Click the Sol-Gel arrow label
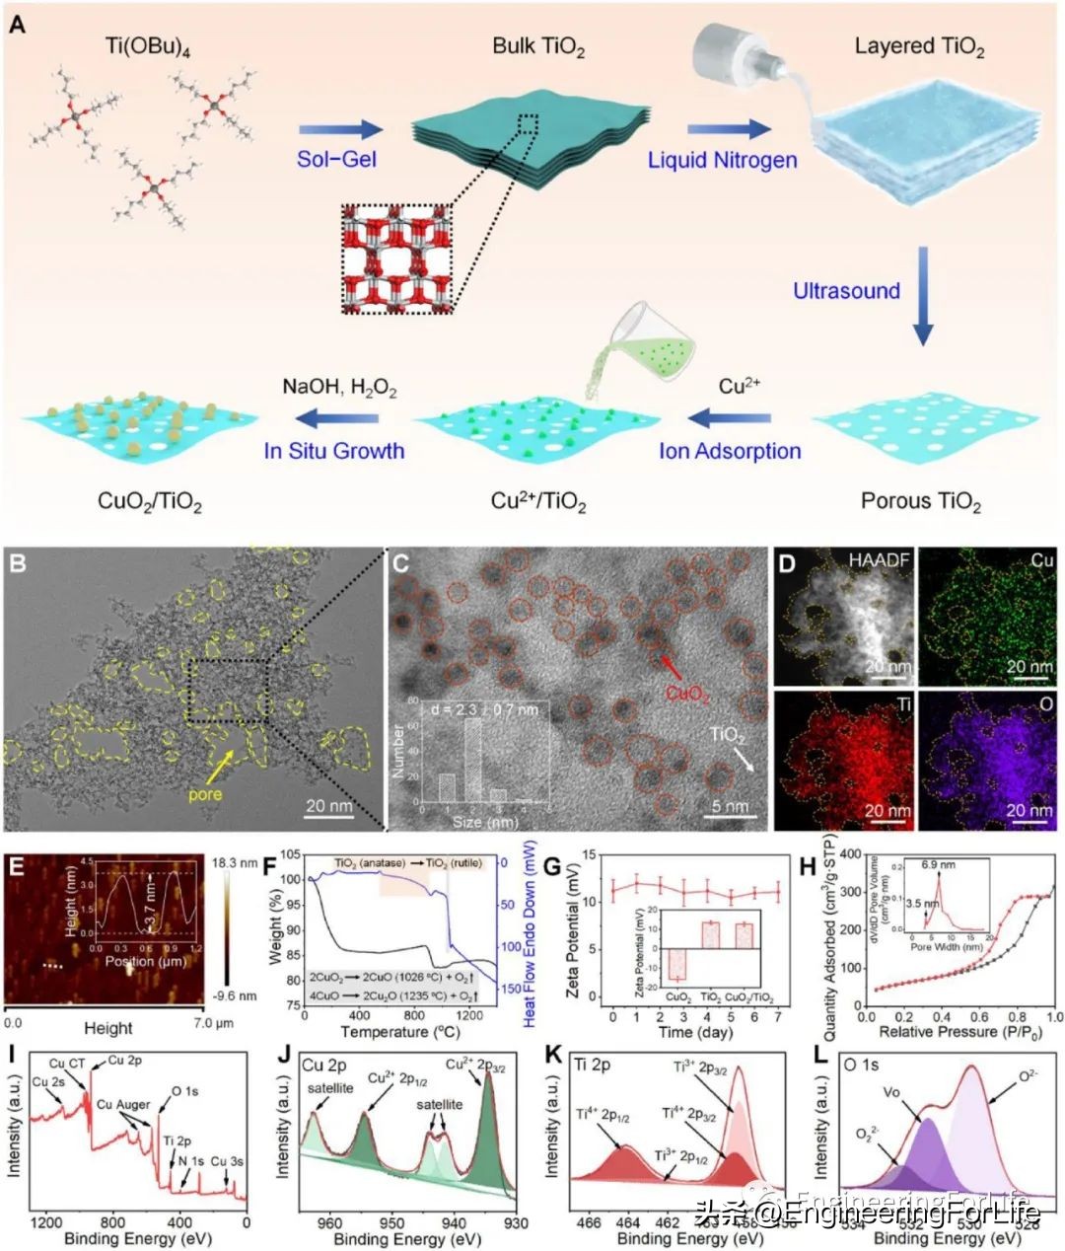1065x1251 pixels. pos(338,159)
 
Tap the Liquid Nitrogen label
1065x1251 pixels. pos(722,159)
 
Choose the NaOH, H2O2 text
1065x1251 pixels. pos(340,388)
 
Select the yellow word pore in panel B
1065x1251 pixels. pos(206,794)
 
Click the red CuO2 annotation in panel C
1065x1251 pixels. pos(687,694)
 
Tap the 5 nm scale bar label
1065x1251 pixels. pos(729,807)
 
